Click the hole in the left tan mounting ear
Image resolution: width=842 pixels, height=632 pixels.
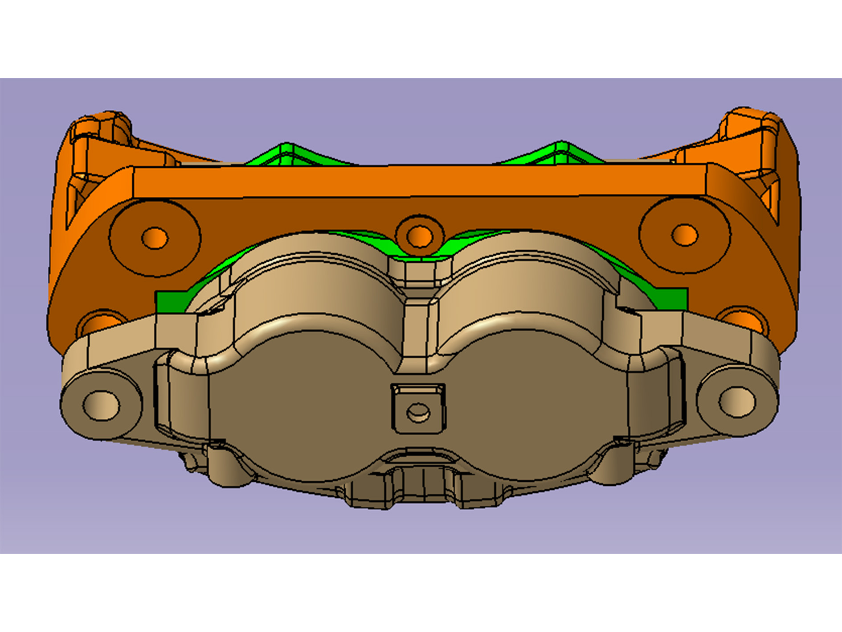[x=102, y=405]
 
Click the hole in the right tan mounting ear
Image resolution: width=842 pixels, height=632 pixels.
[x=737, y=402]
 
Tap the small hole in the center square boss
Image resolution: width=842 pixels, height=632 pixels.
[x=418, y=412]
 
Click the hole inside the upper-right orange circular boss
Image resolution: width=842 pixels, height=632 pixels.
[x=684, y=235]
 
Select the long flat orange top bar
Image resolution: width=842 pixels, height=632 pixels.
[x=419, y=181]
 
